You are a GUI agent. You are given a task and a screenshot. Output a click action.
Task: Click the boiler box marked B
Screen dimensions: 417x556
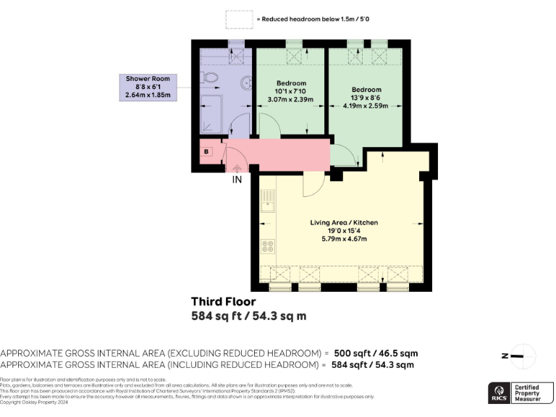pyautogui.click(x=207, y=151)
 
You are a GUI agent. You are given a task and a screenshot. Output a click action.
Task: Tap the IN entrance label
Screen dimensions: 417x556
pyautogui.click(x=236, y=180)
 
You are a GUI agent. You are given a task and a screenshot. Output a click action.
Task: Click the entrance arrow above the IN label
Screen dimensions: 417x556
pyautogui.click(x=236, y=169)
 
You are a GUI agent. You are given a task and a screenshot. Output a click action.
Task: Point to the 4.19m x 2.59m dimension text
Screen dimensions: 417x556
pyautogui.click(x=366, y=106)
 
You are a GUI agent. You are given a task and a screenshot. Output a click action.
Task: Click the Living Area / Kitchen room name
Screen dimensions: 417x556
pyautogui.click(x=345, y=222)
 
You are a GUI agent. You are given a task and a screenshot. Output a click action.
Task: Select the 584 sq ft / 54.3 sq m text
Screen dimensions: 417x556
pyautogui.click(x=248, y=316)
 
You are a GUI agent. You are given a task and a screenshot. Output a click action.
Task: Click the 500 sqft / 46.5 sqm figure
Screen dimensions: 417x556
pyautogui.click(x=370, y=353)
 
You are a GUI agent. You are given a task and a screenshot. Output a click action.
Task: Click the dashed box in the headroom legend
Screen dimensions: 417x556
pyautogui.click(x=239, y=20)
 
